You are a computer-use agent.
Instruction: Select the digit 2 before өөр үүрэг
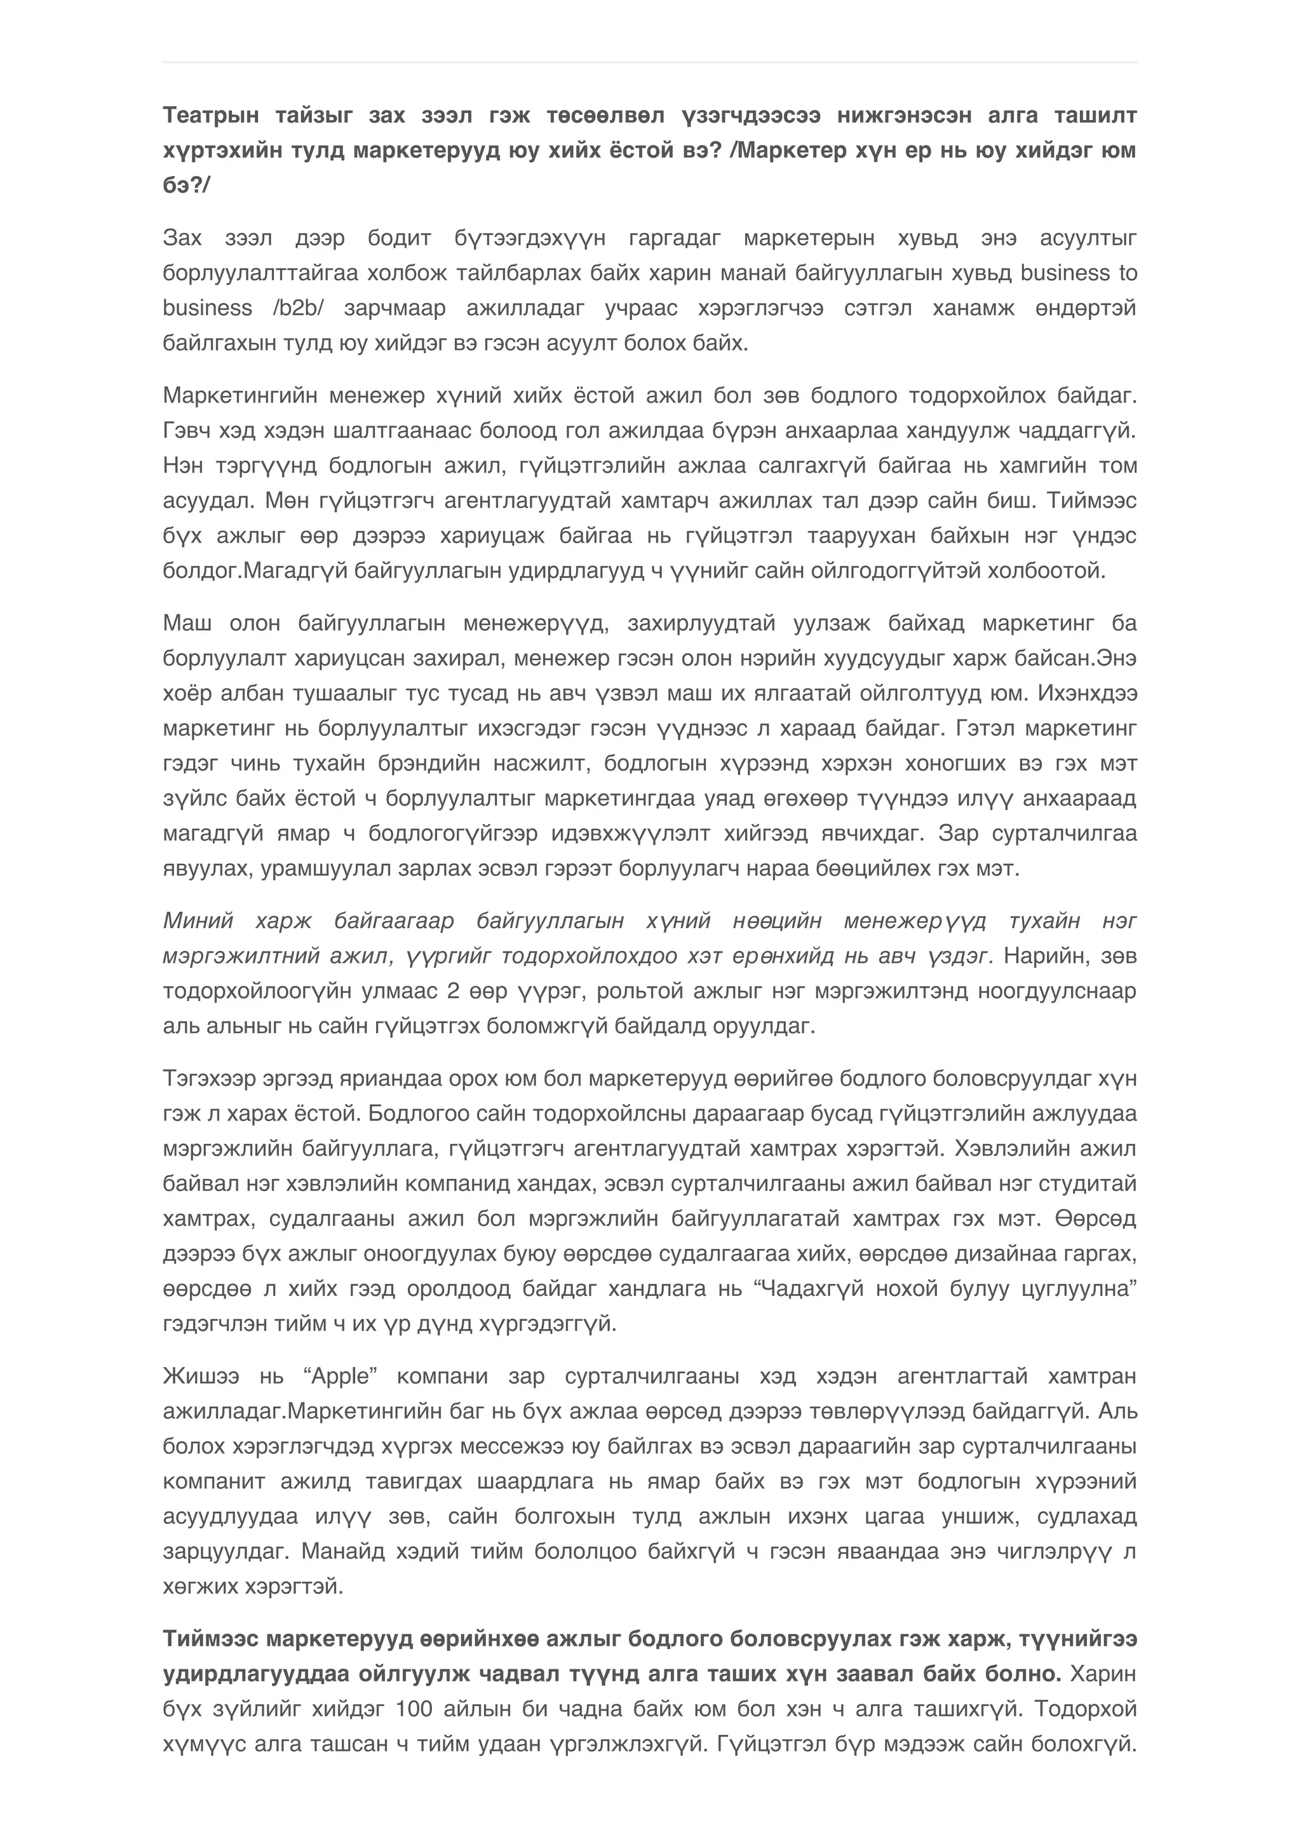tap(453, 992)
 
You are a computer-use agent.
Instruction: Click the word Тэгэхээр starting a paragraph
tap(208, 1079)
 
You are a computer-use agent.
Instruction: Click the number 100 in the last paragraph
tap(414, 1709)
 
